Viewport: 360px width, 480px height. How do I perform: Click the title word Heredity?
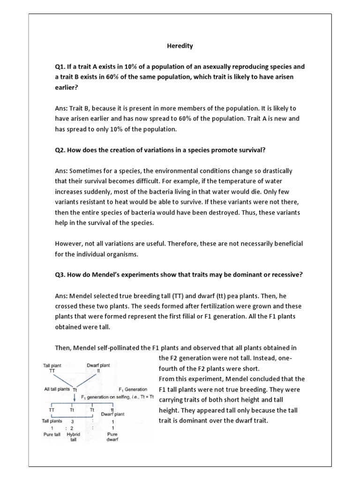(180, 46)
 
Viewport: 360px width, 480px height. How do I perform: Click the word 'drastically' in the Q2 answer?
(274, 171)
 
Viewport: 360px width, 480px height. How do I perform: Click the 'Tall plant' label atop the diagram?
(52, 365)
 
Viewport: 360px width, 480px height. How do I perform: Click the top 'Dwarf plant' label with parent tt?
(98, 365)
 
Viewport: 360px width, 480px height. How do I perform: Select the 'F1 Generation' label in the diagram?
(134, 390)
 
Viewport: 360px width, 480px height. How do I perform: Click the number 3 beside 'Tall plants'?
(72, 421)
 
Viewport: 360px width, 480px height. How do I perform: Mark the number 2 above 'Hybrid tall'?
(72, 427)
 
